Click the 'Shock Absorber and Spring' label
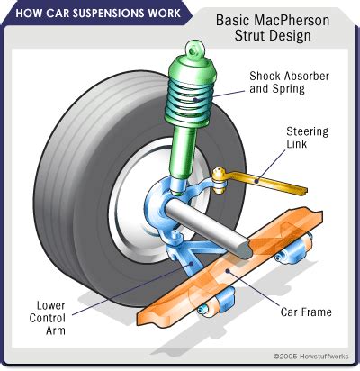tap(289, 82)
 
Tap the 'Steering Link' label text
tap(307, 138)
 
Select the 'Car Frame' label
tap(306, 312)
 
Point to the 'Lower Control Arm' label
tap(48, 318)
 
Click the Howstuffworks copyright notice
tap(310, 357)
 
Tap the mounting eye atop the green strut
tap(195, 50)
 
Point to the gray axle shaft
tap(209, 228)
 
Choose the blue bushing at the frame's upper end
tap(293, 249)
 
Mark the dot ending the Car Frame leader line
tap(228, 271)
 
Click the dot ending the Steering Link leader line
tap(256, 181)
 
